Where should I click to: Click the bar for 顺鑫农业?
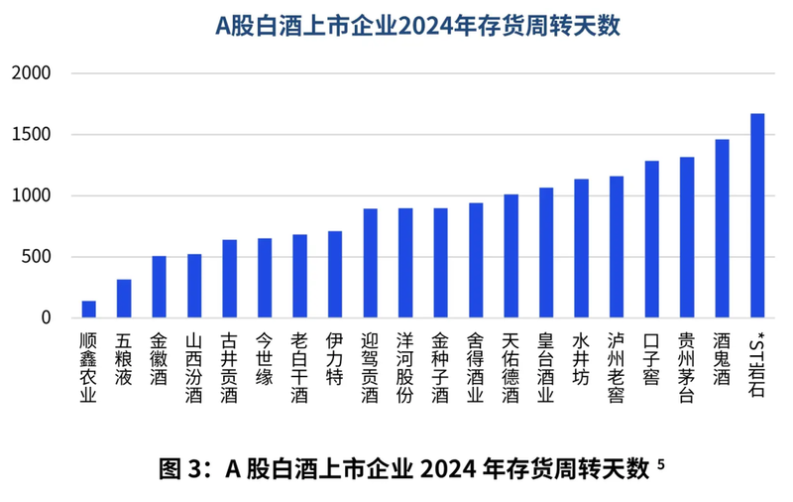88,309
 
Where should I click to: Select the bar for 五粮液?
124,299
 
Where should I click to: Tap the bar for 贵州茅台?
687,238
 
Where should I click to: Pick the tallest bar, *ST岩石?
757,216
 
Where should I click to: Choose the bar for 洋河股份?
405,263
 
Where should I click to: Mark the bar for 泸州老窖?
617,247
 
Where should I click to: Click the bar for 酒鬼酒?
722,229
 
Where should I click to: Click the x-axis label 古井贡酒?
229,368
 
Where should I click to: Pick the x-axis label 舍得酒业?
476,368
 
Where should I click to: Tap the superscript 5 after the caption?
660,461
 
